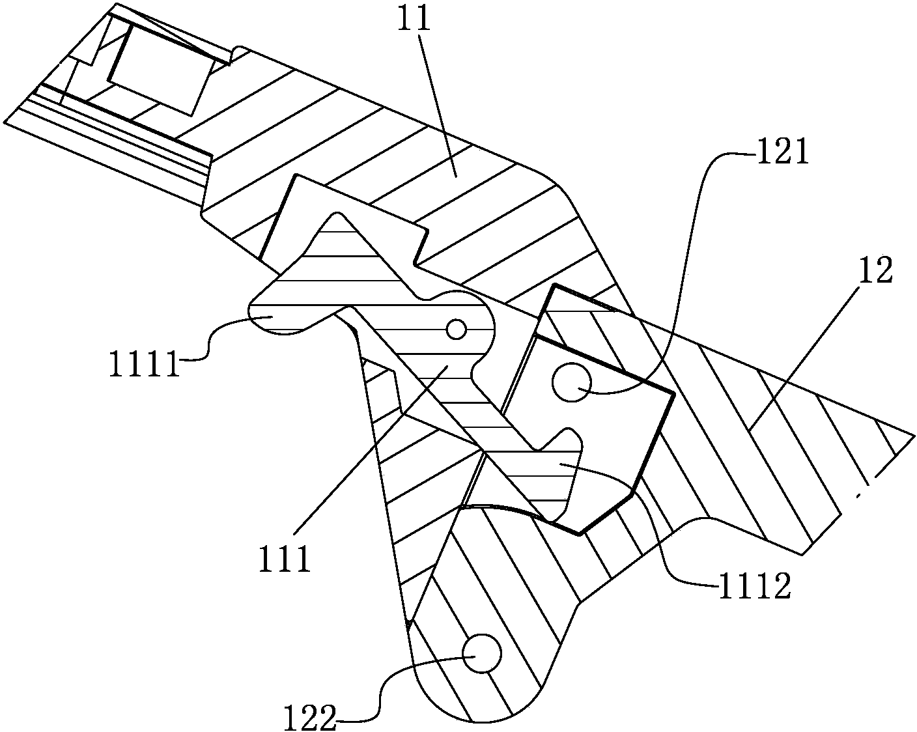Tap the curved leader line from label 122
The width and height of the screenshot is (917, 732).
pyautogui.click(x=391, y=684)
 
